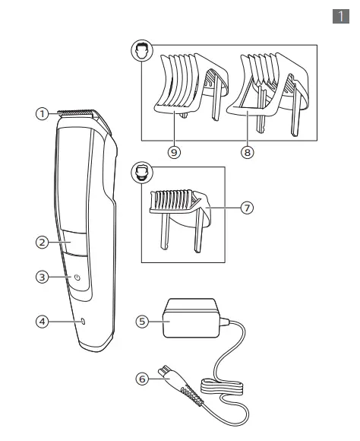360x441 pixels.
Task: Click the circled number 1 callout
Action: (x=43, y=113)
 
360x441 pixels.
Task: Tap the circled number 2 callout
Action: (x=43, y=243)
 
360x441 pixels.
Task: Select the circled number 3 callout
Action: (x=43, y=278)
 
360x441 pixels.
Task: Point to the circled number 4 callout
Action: (x=43, y=322)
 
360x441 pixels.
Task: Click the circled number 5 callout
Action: (x=141, y=322)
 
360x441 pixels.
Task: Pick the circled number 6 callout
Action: (x=141, y=376)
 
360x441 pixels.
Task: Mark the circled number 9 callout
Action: (x=174, y=151)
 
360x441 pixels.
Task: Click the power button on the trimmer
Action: (x=77, y=278)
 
